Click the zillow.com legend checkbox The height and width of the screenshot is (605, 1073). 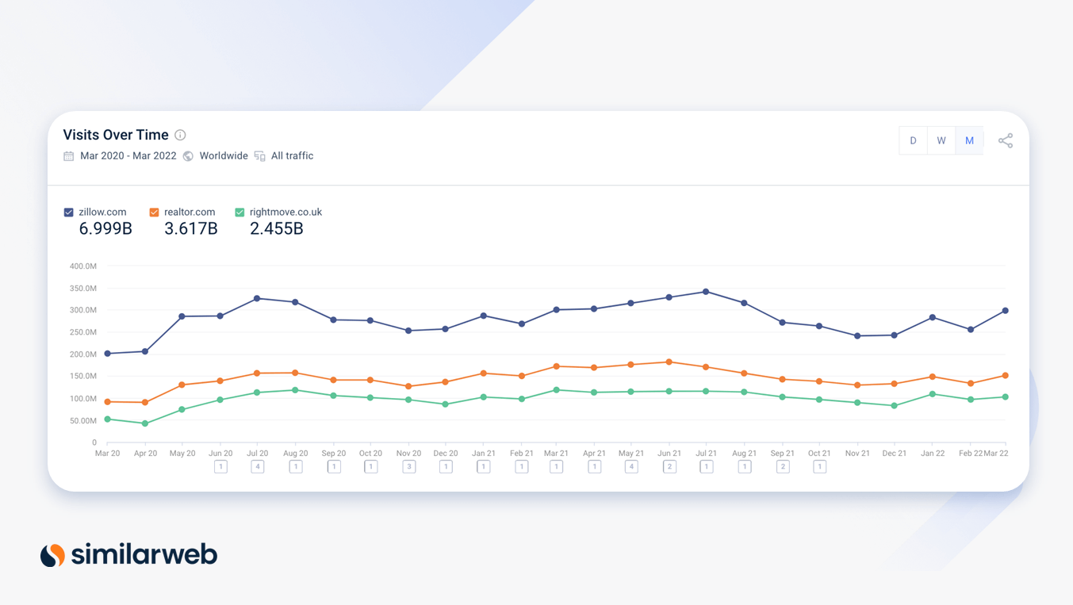coord(69,213)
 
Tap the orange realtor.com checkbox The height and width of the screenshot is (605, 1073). coord(154,213)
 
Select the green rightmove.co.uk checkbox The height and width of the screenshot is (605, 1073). coord(240,213)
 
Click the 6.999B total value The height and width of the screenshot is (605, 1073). coord(105,229)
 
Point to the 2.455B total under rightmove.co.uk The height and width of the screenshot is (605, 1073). coord(276,229)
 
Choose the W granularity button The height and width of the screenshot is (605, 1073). coord(941,140)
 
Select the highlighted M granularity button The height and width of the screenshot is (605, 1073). coord(969,140)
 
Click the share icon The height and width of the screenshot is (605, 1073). coord(1006,140)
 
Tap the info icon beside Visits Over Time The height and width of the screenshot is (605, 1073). coord(180,135)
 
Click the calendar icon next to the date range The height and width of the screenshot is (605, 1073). coord(69,156)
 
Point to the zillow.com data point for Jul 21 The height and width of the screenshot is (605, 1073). coord(706,292)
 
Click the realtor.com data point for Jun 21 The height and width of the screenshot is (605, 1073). coord(669,362)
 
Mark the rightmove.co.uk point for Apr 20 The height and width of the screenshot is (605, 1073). coord(145,423)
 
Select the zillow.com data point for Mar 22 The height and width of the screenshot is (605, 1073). coord(1006,311)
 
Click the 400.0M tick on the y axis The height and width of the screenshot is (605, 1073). coord(82,266)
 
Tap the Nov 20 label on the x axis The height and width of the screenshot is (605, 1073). coord(408,454)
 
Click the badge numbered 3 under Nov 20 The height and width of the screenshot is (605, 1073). coord(409,467)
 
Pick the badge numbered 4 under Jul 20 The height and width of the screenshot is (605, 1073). coord(257,467)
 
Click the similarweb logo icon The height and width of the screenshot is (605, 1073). coord(52,555)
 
